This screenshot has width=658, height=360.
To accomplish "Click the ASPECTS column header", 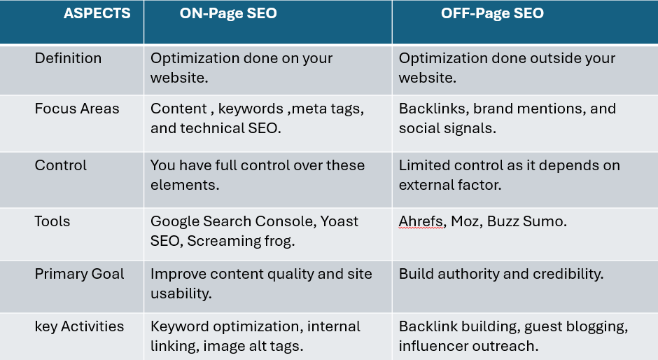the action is coord(97,13).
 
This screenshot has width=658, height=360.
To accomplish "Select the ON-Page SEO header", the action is coord(228,14).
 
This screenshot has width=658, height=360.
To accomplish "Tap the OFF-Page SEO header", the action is coord(492,14).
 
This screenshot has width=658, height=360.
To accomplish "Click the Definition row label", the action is coord(68,58).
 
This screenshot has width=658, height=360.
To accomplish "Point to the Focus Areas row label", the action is coord(77,109).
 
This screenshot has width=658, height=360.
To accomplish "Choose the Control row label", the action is coord(61,165).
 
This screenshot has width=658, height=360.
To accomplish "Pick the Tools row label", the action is coord(52,221).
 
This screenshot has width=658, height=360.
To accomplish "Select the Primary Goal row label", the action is coord(79,275).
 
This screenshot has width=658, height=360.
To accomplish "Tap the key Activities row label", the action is coord(79,327).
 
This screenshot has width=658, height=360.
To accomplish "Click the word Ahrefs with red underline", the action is coord(421,221).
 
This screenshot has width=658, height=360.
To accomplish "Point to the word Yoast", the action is coord(339,221).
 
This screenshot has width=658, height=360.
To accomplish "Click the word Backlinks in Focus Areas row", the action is coord(434,109).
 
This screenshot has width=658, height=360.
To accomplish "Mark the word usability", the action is coord(181,294).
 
